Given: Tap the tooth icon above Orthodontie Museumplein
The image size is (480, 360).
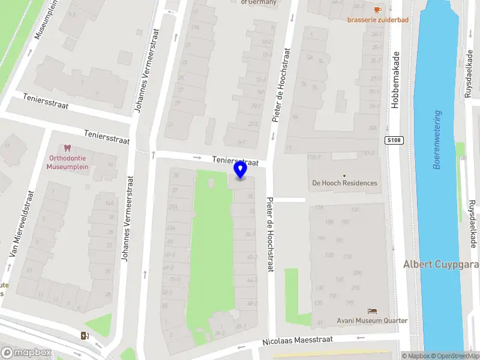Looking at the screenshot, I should tap(67, 148).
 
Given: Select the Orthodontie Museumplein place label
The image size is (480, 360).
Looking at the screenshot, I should tap(68, 163).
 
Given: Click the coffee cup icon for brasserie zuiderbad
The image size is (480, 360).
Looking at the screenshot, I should tap(377, 10).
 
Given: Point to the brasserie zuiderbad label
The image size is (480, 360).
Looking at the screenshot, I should tap(377, 20).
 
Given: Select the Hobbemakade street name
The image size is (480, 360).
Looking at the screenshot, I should tap(395, 79).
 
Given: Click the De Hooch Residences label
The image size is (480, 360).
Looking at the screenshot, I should tap(344, 183).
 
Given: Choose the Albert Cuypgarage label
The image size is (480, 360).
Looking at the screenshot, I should tap(441, 265).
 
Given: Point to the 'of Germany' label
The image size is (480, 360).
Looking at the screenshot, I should tap(259, 2).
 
